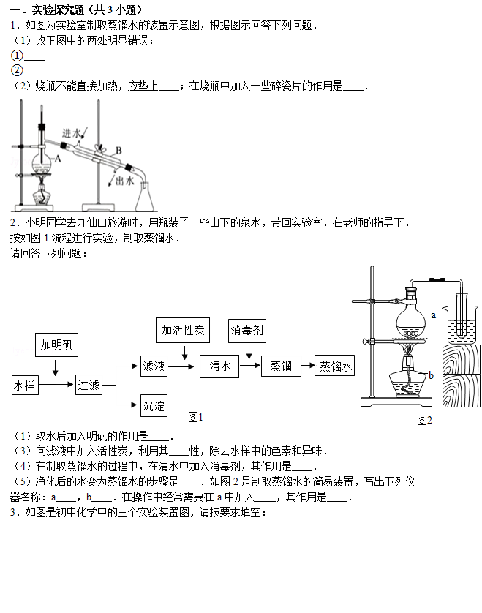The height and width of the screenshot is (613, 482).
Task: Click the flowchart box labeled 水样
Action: click(x=25, y=385)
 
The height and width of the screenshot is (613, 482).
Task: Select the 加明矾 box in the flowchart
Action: click(x=56, y=345)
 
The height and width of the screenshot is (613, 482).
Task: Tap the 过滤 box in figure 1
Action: click(x=89, y=385)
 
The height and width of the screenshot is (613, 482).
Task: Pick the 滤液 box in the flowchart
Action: click(x=154, y=366)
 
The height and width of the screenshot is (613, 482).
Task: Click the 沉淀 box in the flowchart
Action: click(x=154, y=406)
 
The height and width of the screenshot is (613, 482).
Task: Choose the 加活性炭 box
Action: click(x=183, y=331)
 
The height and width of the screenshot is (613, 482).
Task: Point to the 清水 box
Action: click(x=219, y=366)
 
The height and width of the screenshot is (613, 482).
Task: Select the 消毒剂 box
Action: click(x=247, y=331)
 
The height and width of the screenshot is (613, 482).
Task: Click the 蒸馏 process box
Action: click(x=281, y=366)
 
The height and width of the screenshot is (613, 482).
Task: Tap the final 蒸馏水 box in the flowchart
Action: click(x=335, y=366)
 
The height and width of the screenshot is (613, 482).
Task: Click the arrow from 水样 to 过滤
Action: click(x=56, y=385)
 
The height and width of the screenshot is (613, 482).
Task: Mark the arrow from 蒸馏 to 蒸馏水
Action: click(x=308, y=366)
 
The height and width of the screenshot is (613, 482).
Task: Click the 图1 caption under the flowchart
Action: click(x=195, y=417)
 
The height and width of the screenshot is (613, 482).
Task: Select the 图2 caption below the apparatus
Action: click(x=424, y=421)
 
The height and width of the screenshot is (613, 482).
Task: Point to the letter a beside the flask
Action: click(x=433, y=315)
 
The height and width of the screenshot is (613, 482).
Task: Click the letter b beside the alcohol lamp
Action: click(x=431, y=376)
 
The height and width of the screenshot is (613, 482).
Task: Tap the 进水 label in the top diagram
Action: click(x=72, y=133)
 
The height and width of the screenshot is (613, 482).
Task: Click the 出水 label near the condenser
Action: click(x=125, y=181)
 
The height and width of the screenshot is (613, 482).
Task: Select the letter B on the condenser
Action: click(x=118, y=151)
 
